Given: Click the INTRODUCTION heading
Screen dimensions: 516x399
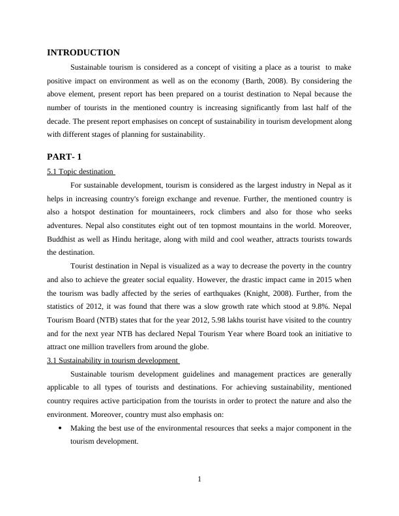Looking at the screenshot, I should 83,53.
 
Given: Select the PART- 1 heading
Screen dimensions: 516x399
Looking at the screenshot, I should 65,157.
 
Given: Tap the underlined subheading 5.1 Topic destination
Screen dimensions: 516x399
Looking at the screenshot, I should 80,172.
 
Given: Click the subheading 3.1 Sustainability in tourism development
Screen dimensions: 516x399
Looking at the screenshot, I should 112,360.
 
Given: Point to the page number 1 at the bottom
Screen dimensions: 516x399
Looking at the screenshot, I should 199,480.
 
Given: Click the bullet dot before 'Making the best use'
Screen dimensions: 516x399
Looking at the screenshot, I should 60,429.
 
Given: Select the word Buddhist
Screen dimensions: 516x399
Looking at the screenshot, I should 63,239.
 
